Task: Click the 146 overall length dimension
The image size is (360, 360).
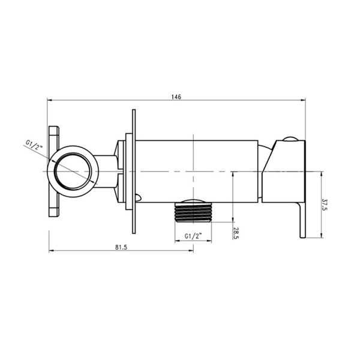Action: (x=176, y=97)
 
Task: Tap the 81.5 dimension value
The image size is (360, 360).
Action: (x=121, y=247)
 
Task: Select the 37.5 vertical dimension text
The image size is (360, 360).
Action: (x=325, y=205)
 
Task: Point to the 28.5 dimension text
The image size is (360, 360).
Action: (x=236, y=233)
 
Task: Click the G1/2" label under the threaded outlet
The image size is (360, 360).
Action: (x=193, y=236)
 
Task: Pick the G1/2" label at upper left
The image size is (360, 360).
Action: (x=34, y=145)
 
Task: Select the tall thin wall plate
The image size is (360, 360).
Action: (x=134, y=172)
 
